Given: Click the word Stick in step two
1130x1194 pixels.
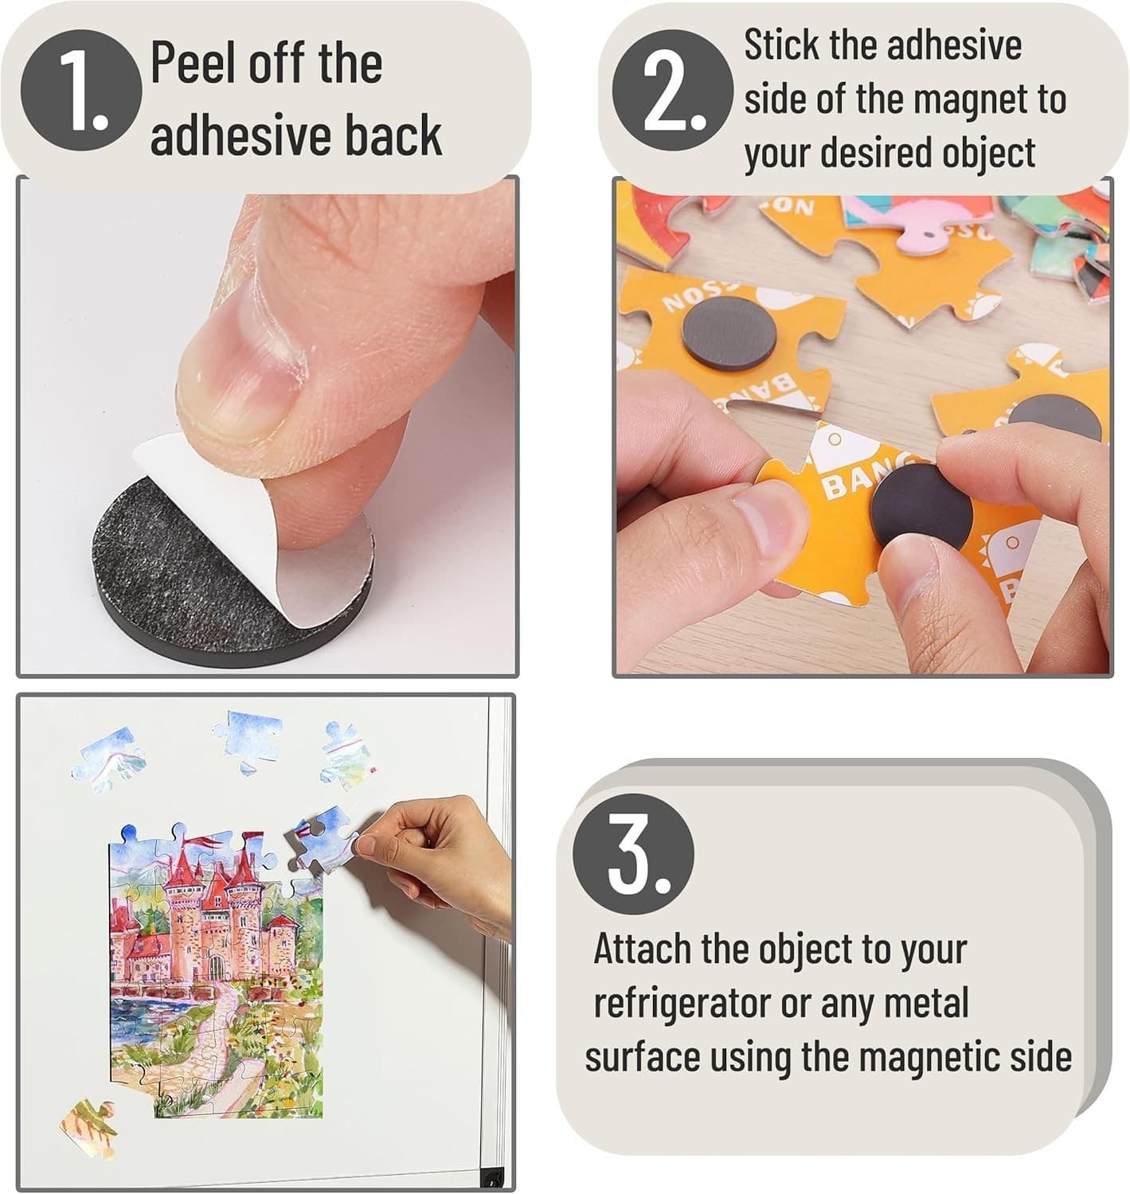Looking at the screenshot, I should [781, 45].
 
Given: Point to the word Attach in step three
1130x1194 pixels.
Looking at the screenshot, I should [642, 949].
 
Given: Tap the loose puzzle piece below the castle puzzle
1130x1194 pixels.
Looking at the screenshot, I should [89, 1128].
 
